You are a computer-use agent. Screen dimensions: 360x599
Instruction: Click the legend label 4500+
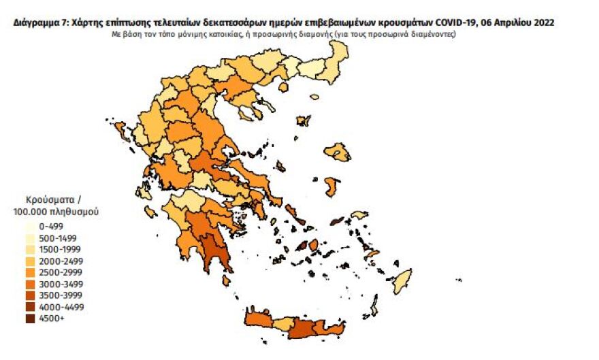coord(52,318)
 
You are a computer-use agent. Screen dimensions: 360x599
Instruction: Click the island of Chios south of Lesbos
coord(332,187)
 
